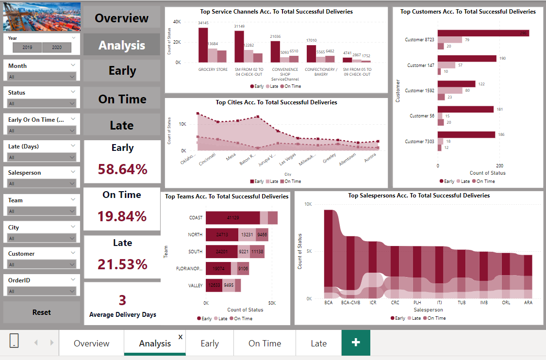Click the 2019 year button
27,48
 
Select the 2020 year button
57,48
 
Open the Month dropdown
42,76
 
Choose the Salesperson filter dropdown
42,183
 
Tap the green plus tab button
356,343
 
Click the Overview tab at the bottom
91,343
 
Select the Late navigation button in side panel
122,125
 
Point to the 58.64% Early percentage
122,169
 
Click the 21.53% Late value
122,264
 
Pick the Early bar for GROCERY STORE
203,45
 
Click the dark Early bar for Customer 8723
483,33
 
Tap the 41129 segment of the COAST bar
232,218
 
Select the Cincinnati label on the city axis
207,159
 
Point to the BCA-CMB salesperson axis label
350,303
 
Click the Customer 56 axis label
422,116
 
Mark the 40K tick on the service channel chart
177,22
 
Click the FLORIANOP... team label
188,268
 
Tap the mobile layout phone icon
14,341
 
